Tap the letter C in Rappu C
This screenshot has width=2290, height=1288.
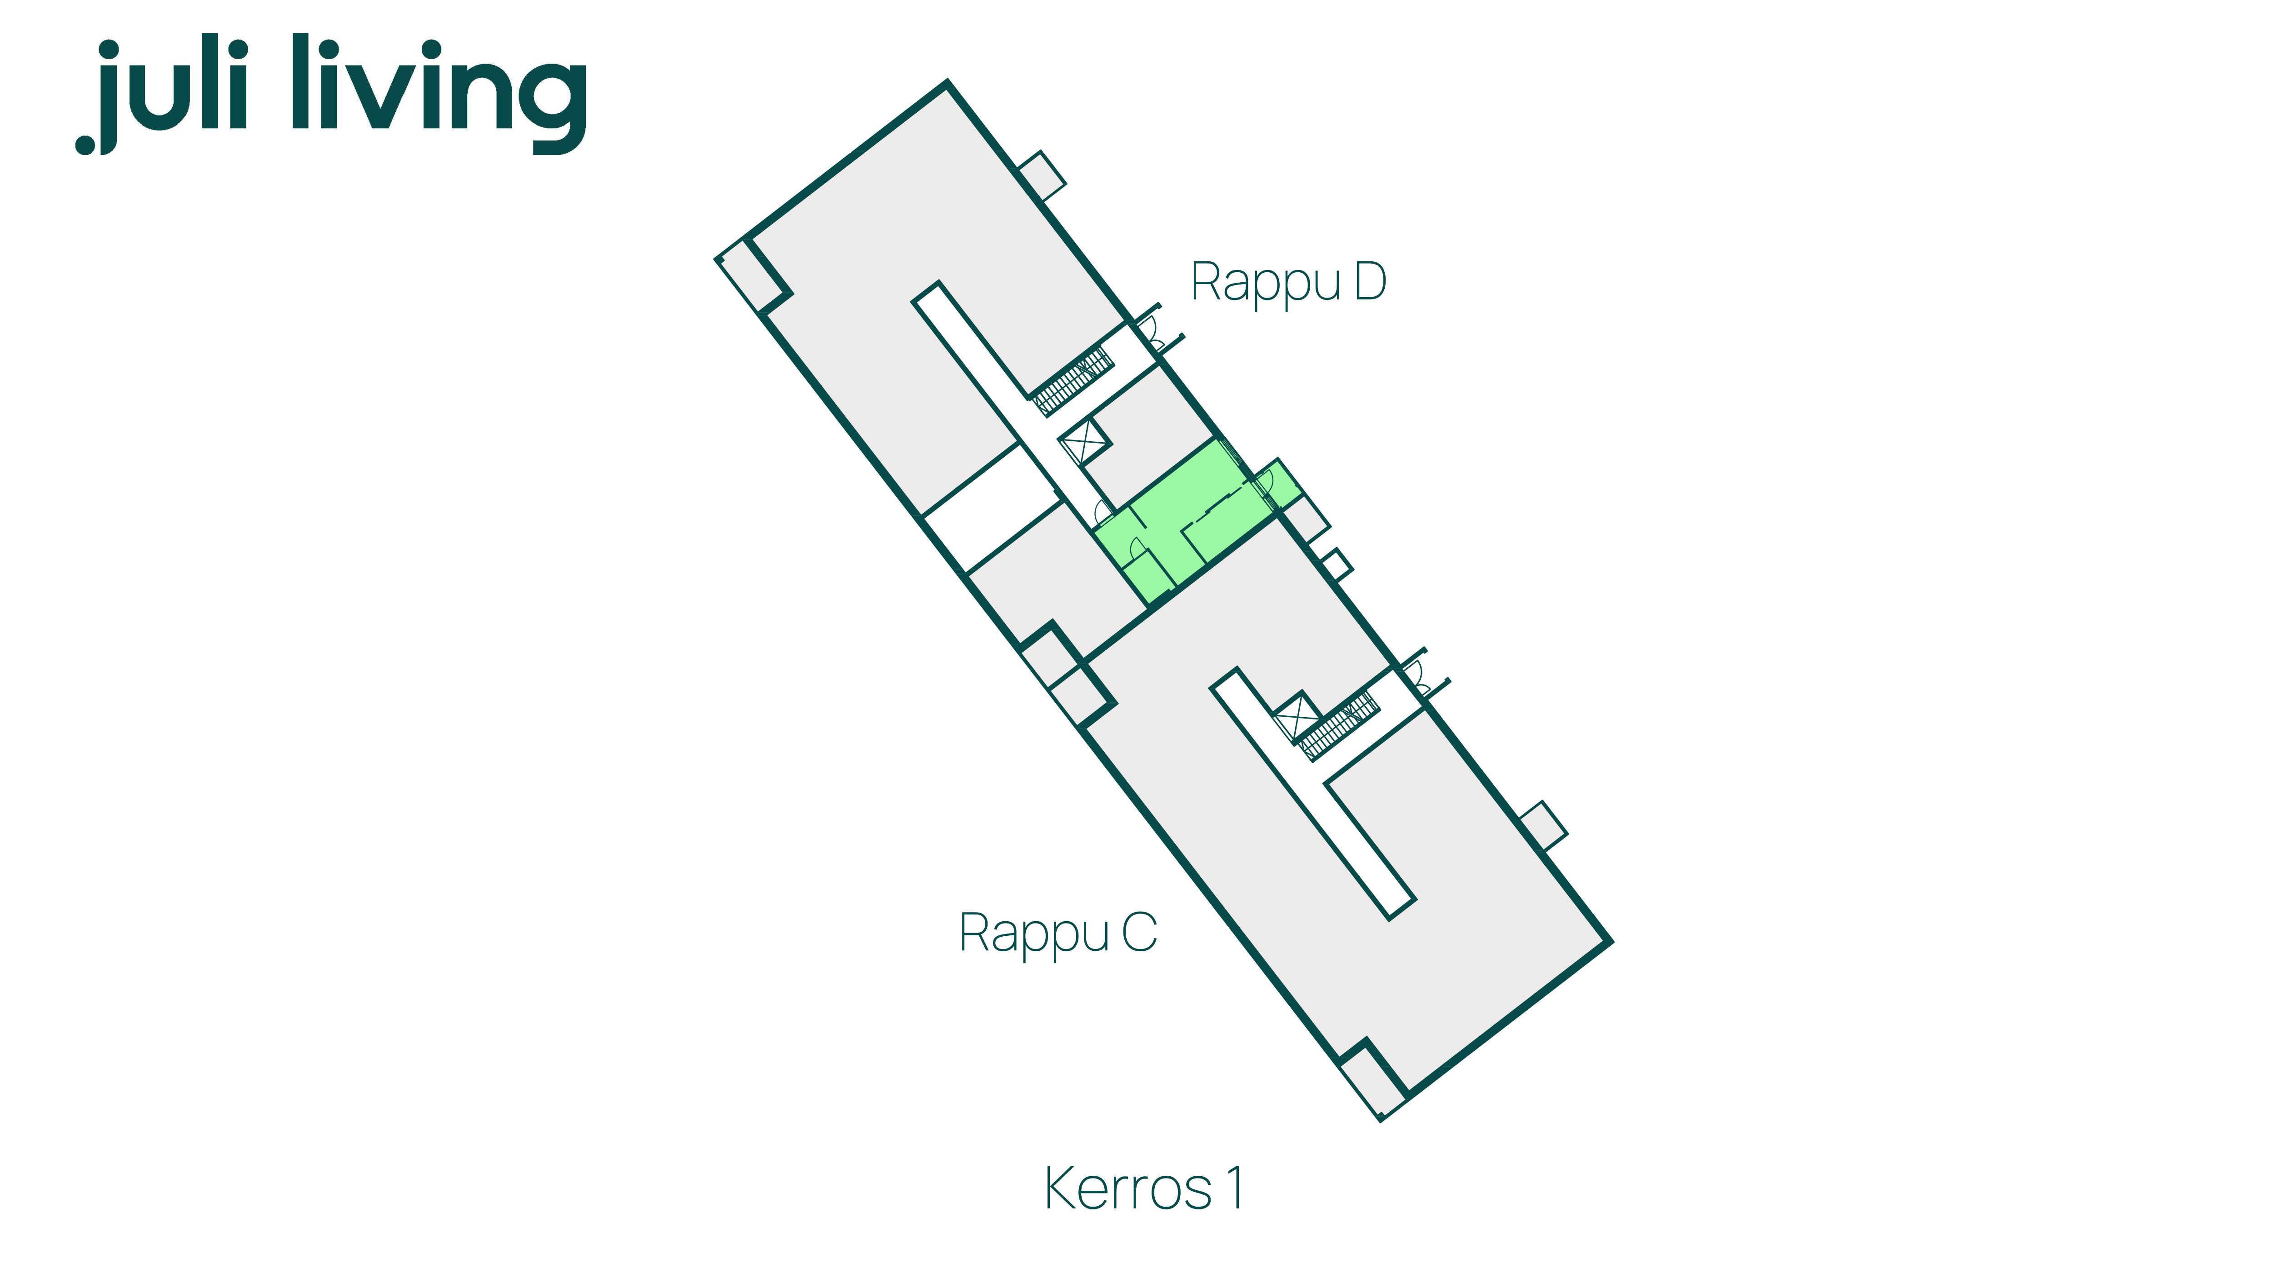pos(1140,933)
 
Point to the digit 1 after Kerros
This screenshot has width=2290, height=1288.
pos(1235,1188)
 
